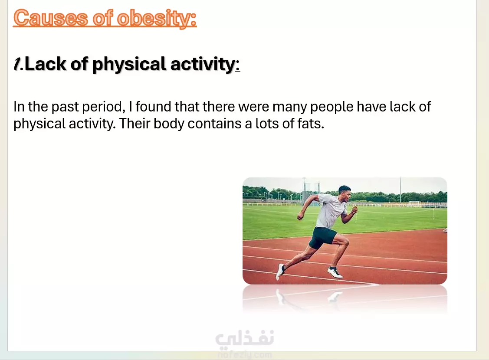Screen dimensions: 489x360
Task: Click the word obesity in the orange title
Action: click(x=157, y=18)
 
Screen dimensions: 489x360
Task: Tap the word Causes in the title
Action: click(x=50, y=18)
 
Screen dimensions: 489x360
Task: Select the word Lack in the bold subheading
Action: click(x=46, y=64)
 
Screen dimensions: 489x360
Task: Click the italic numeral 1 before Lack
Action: click(x=17, y=64)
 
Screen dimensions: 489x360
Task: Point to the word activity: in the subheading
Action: click(x=205, y=64)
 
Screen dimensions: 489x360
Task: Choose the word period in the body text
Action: click(x=104, y=107)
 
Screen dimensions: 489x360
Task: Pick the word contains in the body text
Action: click(x=214, y=124)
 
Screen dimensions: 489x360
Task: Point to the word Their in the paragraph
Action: click(x=135, y=124)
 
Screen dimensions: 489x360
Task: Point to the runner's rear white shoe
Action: click(x=280, y=272)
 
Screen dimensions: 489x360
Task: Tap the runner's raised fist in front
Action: click(x=354, y=210)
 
